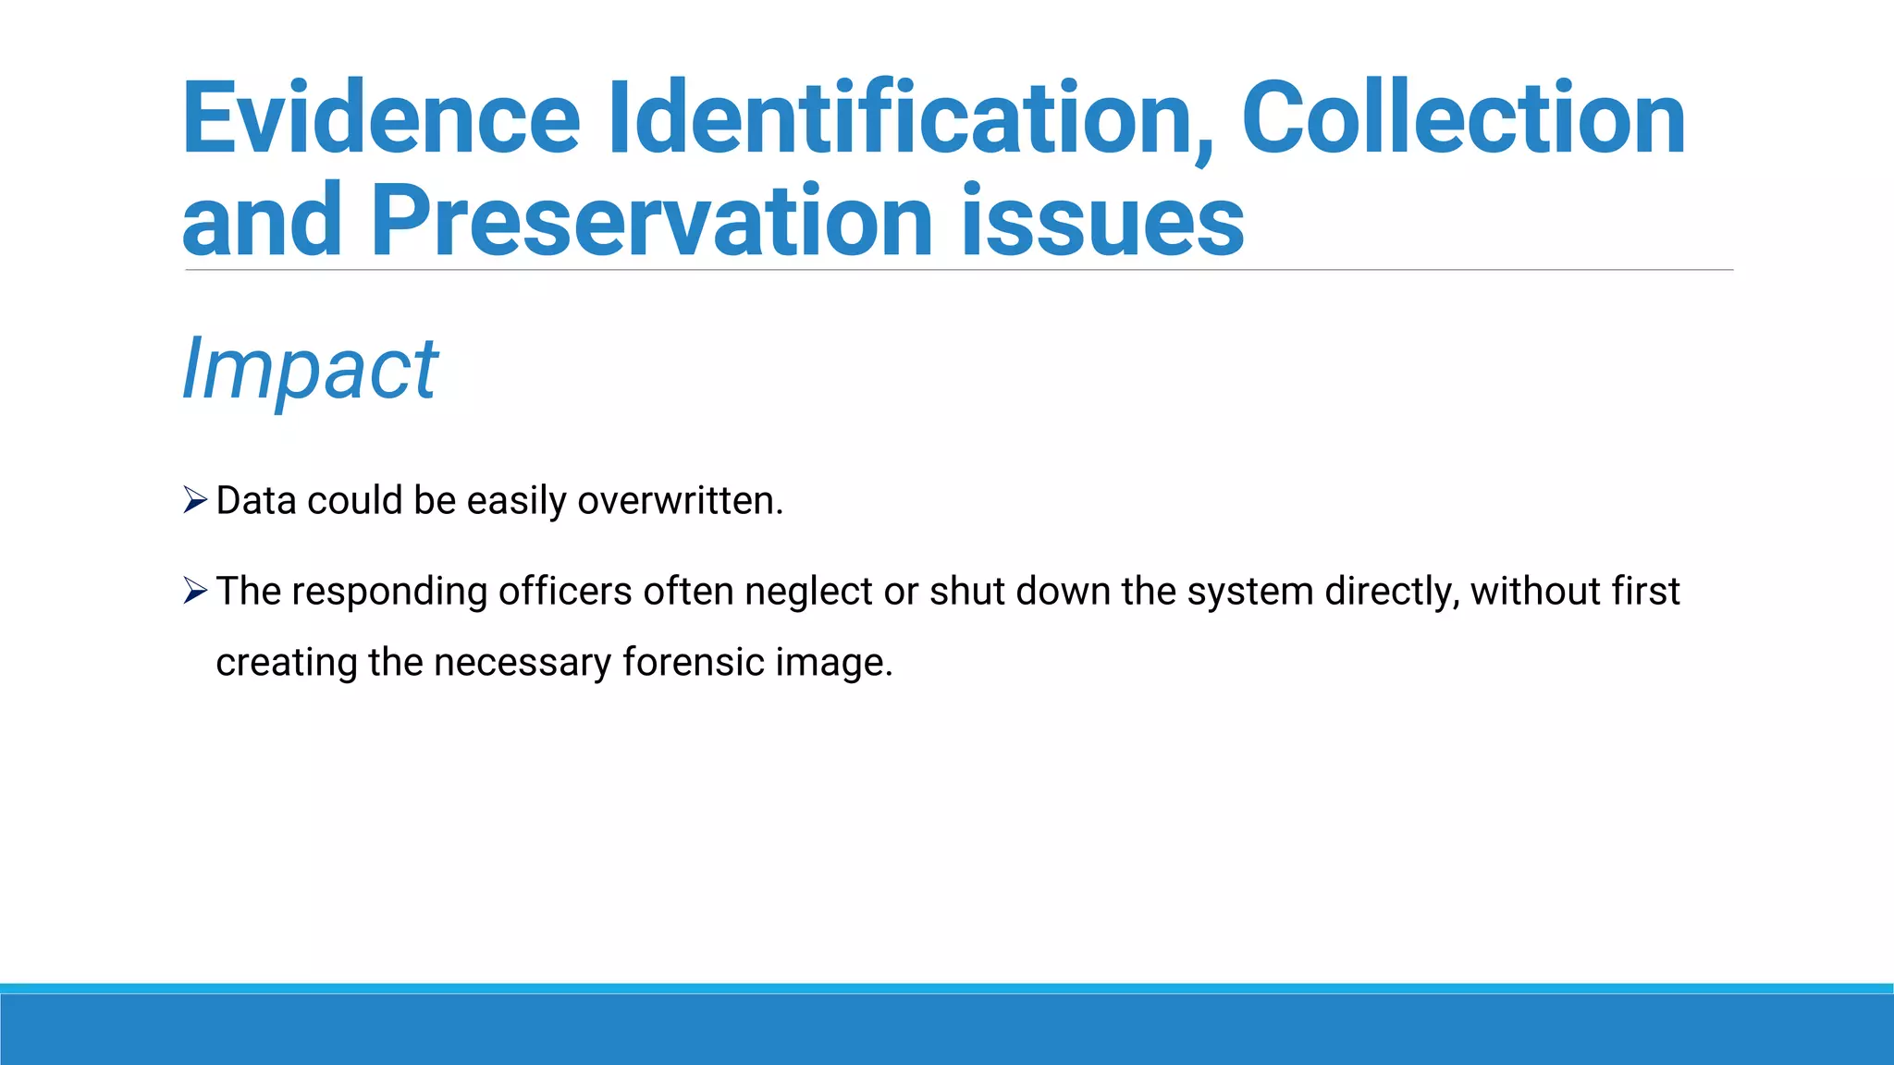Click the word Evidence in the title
[380, 120]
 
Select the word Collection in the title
[1463, 120]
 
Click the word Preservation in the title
[652, 222]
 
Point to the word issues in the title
[1102, 222]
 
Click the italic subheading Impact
[310, 370]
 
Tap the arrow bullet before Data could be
[194, 500]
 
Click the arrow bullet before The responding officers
[194, 590]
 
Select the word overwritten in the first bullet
[680, 501]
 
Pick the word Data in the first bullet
[256, 501]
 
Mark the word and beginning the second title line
[262, 222]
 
